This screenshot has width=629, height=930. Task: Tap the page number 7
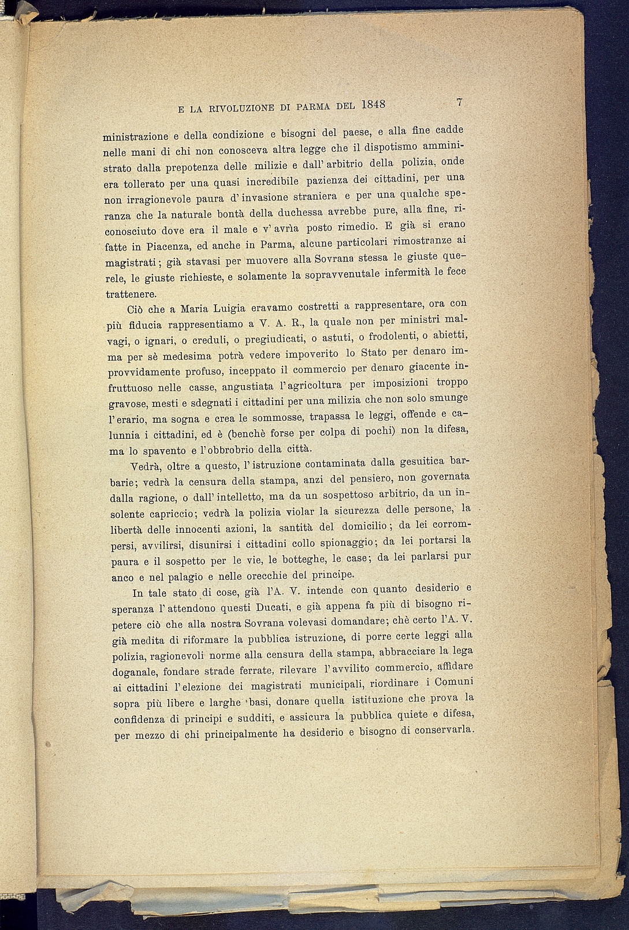pyautogui.click(x=459, y=102)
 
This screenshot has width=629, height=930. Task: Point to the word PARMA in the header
pyautogui.click(x=312, y=107)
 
